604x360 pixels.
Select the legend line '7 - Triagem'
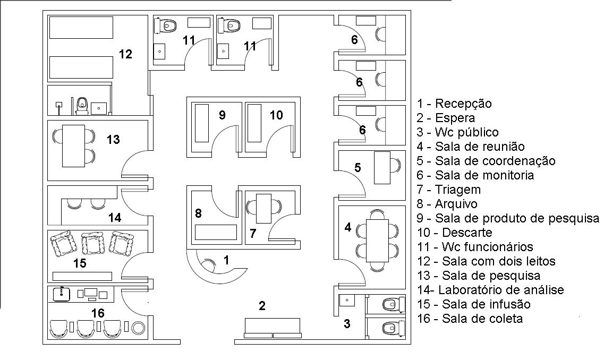(449, 190)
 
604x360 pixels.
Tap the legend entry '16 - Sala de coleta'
(470, 319)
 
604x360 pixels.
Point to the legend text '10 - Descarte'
(455, 233)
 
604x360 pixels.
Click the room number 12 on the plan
(125, 54)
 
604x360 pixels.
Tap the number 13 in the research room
(113, 139)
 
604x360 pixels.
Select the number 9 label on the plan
(222, 115)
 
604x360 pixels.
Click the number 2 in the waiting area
(262, 306)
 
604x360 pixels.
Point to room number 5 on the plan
(358, 167)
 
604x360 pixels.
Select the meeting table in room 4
(378, 240)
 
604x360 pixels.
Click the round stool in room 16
(138, 328)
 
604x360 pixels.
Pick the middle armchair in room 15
(92, 244)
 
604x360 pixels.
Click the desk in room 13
(73, 146)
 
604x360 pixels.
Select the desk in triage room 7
(264, 209)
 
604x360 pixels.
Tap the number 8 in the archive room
(198, 213)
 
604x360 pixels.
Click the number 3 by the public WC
(347, 324)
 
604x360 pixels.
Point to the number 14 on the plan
(115, 218)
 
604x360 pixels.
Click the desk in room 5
(382, 168)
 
